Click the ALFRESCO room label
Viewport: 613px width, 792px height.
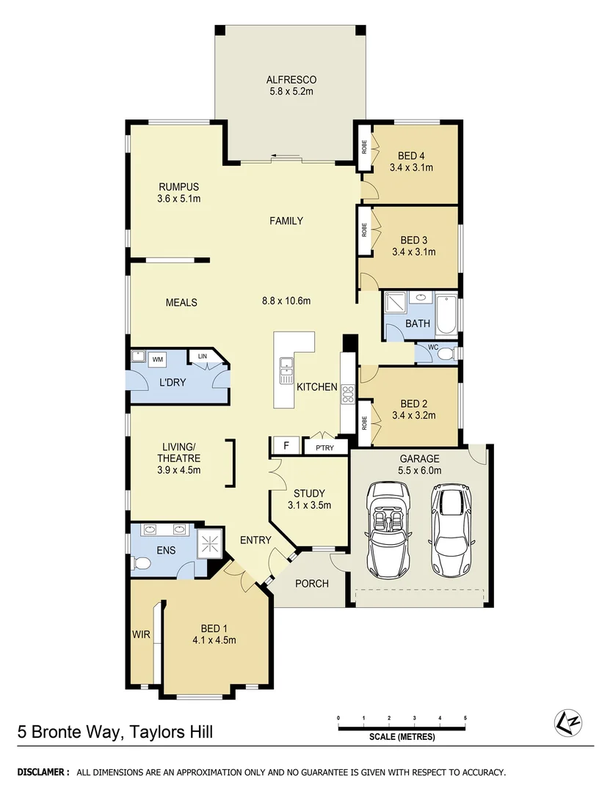coord(286,80)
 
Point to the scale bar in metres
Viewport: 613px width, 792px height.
coord(402,727)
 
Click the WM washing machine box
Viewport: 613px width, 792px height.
coord(158,359)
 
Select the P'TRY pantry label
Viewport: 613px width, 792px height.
coord(324,447)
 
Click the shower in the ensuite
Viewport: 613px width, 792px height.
coord(211,543)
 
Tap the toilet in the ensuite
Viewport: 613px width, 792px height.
coord(142,563)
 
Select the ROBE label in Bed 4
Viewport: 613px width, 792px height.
coord(364,147)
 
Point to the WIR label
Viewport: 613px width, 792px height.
coord(141,634)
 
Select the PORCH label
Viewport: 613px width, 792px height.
coord(311,584)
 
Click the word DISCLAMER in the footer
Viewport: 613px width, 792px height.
coord(43,772)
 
